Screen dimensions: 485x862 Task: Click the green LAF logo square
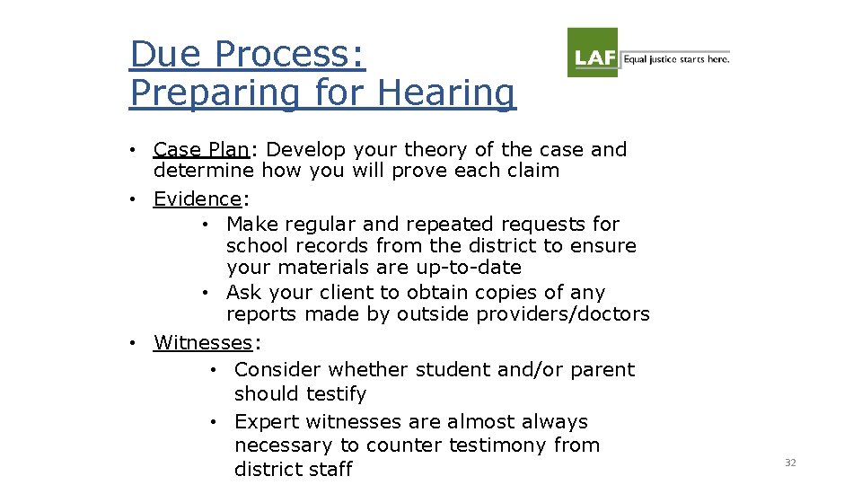593,52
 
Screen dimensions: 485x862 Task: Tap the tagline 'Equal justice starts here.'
676,59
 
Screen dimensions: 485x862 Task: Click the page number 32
790,463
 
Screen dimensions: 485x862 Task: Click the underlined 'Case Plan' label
201,149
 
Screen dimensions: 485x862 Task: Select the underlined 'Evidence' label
198,198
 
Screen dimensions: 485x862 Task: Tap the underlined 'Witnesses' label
203,342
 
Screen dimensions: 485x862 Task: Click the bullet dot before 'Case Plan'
132,149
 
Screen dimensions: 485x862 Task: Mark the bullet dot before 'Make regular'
205,224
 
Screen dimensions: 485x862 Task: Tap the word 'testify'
334,394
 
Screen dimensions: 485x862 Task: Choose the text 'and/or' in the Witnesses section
515,370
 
